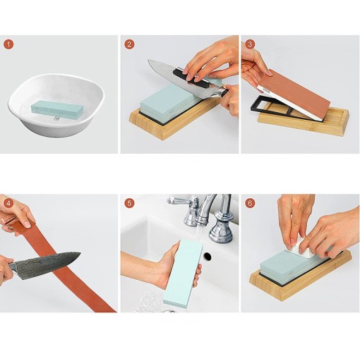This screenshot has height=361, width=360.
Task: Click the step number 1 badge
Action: coord(8,44)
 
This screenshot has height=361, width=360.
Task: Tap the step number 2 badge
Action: coord(129,44)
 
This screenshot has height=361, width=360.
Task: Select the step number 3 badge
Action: coord(250,44)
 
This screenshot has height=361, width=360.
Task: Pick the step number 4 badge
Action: coord(8,203)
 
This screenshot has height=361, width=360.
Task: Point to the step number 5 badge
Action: coord(129,203)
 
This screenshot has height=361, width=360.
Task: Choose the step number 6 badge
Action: coord(250,203)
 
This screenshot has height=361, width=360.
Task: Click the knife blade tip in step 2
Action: coord(149,61)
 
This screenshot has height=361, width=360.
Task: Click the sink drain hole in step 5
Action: coord(208,257)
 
